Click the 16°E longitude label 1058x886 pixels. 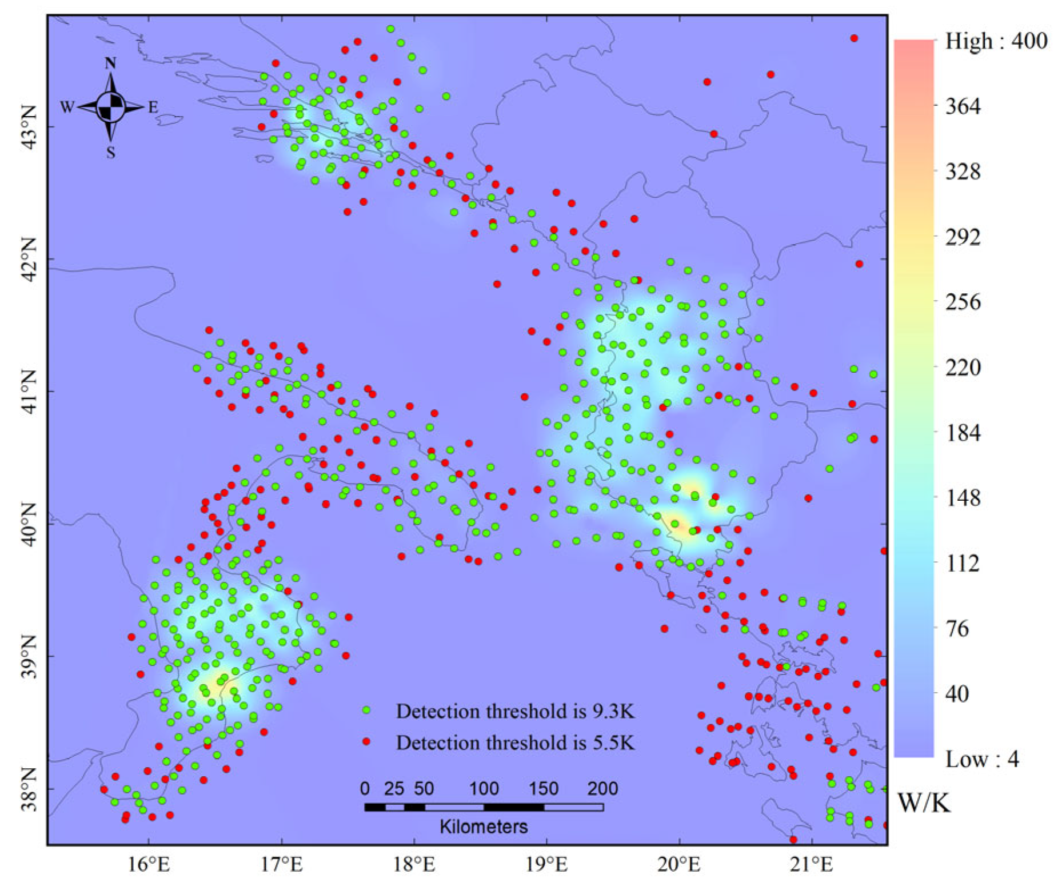click(149, 864)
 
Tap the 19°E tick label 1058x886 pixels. click(546, 864)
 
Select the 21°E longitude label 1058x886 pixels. click(812, 864)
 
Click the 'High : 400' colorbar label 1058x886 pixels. click(996, 41)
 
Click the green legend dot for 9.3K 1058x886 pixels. click(366, 711)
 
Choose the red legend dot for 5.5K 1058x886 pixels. click(366, 742)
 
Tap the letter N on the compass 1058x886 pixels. click(110, 63)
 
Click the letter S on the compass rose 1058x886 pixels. click(111, 152)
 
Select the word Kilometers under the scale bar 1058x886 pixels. click(484, 827)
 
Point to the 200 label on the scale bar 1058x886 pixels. click(602, 789)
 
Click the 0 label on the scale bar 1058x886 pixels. click(365, 789)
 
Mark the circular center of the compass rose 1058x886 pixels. click(111, 107)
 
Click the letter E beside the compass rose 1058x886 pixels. click(153, 107)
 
